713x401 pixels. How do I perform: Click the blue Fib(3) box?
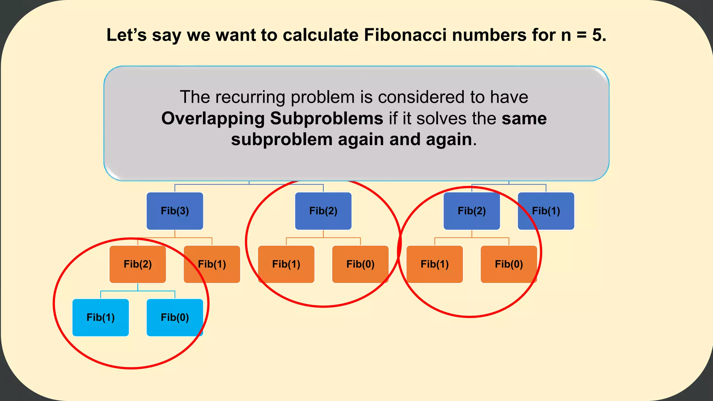(x=175, y=211)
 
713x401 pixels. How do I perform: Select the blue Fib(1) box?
(x=546, y=211)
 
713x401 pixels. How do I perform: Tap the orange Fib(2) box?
(x=138, y=264)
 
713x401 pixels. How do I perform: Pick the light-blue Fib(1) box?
(x=101, y=317)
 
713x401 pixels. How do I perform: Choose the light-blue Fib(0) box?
(x=175, y=317)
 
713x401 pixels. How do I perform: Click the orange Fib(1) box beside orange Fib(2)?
(x=212, y=264)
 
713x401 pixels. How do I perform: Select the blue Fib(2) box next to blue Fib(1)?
(x=472, y=211)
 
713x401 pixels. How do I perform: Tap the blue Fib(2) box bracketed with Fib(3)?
(x=323, y=211)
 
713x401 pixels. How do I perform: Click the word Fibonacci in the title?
(x=405, y=35)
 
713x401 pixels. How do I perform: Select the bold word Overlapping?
(x=213, y=118)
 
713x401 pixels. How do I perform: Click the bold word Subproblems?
(x=327, y=118)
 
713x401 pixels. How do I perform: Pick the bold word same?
(x=524, y=118)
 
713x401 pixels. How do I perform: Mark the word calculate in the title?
(x=321, y=35)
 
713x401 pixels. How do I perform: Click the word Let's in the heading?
(x=126, y=35)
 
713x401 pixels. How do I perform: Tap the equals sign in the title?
(x=582, y=35)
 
